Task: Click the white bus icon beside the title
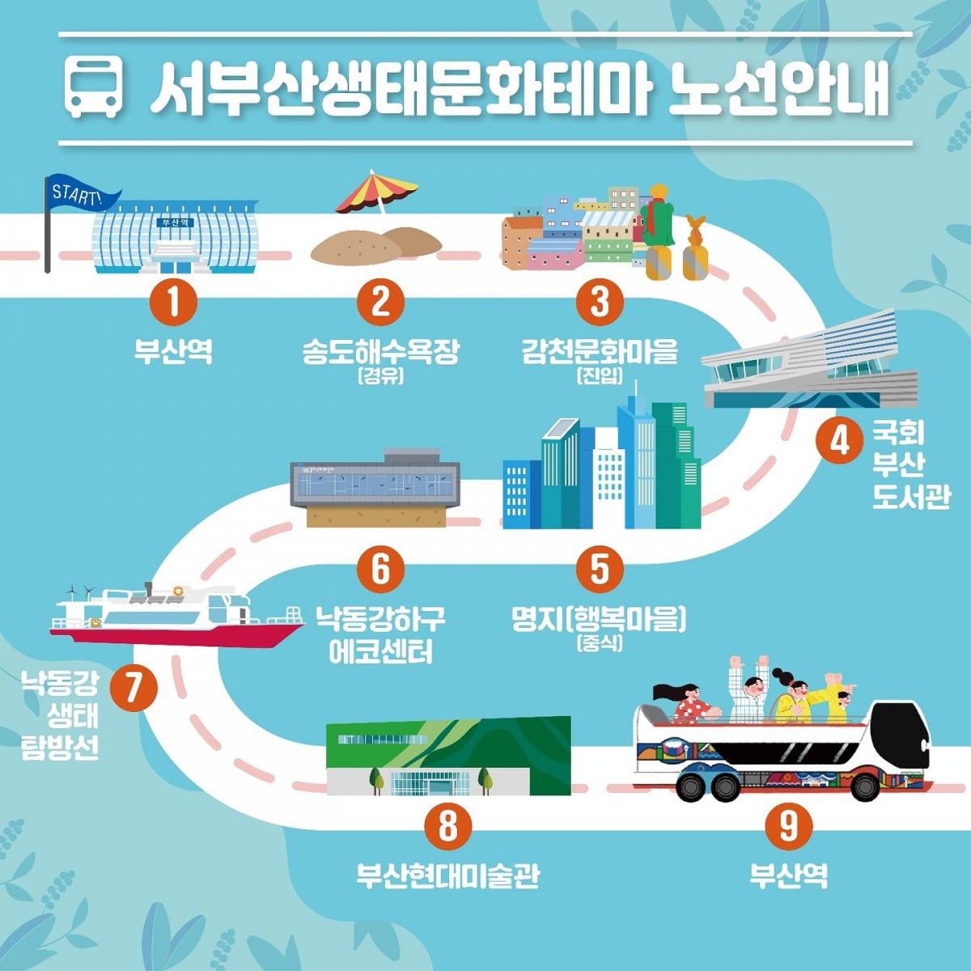(x=95, y=87)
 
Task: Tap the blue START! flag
(x=81, y=194)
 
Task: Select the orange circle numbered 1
(x=173, y=303)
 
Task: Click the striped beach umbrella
(x=376, y=193)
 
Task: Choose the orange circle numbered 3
(x=599, y=303)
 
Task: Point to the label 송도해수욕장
(x=381, y=352)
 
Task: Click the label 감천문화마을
(x=600, y=352)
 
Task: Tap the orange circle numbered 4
(x=839, y=443)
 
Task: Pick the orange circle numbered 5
(x=599, y=569)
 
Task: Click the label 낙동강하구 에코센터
(x=381, y=635)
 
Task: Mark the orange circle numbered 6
(x=381, y=569)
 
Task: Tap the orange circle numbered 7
(x=133, y=688)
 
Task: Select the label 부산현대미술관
(x=448, y=876)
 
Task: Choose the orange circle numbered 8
(x=448, y=825)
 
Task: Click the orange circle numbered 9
(x=789, y=825)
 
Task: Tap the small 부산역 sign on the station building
(x=175, y=222)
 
